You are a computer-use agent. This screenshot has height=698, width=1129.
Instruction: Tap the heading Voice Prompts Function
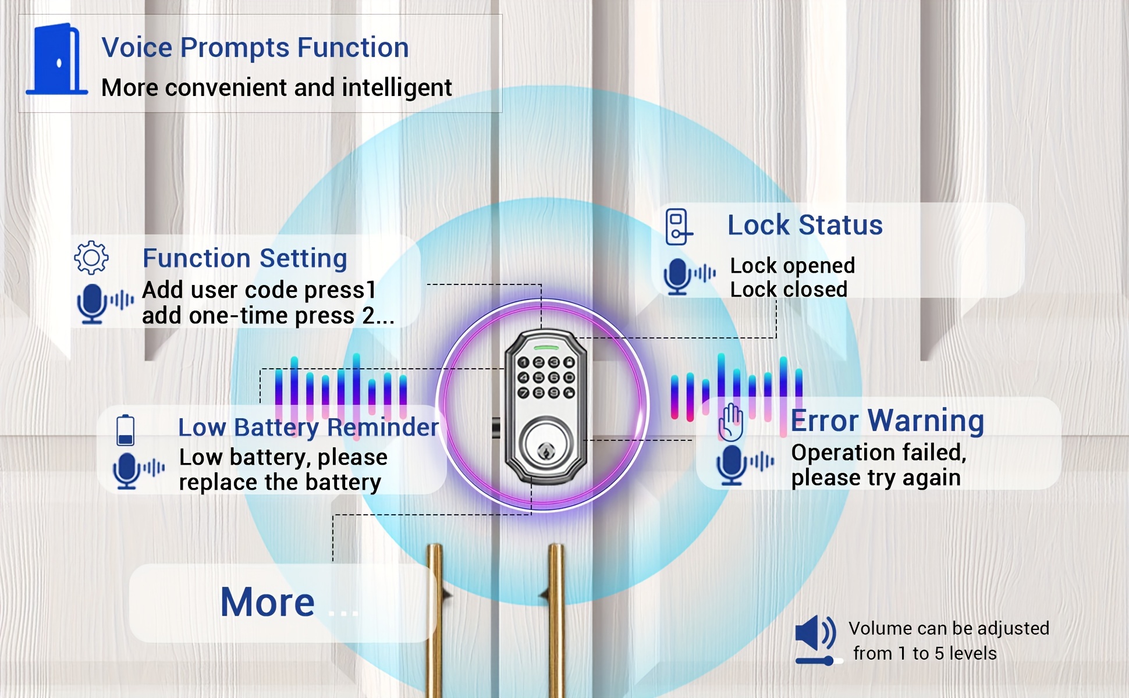pos(255,48)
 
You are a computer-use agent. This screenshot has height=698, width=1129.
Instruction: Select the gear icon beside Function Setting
pos(91,257)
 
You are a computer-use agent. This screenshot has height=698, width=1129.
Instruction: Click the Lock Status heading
pos(805,225)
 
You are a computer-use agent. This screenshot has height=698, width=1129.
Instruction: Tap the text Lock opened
pos(793,266)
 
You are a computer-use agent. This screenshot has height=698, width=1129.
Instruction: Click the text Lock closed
pos(789,290)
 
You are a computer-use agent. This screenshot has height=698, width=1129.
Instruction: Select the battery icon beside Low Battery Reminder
pos(126,430)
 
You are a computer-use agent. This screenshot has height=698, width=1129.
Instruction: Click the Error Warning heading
pos(887,421)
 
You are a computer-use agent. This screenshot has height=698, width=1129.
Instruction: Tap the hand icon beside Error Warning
pos(731,422)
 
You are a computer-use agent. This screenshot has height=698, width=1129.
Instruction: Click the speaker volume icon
pos(816,639)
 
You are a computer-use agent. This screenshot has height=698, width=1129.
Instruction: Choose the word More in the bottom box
pos(268,602)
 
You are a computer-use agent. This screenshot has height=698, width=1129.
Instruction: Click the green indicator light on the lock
pos(546,348)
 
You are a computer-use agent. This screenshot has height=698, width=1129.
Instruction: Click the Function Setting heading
pos(245,258)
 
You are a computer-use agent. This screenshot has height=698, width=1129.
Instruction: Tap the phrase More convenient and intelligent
pos(276,88)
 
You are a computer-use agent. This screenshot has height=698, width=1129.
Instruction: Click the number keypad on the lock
pos(546,378)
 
